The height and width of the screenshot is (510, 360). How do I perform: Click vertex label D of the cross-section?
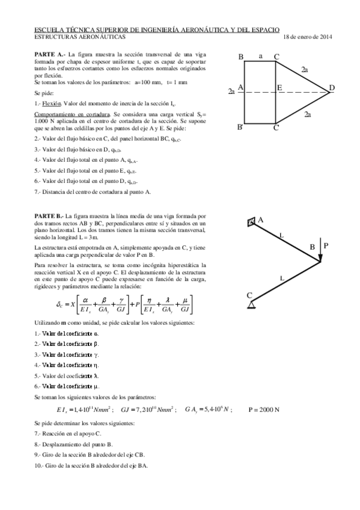332,89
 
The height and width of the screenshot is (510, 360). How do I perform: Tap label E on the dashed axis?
279,88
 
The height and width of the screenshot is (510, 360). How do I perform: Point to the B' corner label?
240,127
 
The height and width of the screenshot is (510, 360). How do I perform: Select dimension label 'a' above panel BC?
260,56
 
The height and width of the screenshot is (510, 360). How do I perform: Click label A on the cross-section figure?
240,87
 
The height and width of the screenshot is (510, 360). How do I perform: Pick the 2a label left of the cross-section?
231,91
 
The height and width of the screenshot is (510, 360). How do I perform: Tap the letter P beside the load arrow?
326,245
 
